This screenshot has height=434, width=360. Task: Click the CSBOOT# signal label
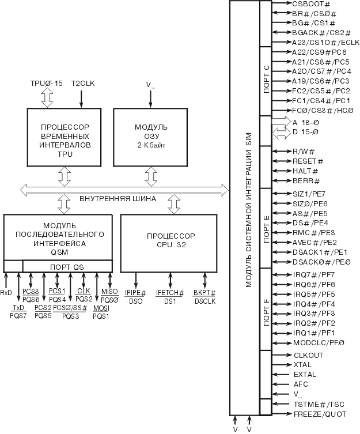click(311, 4)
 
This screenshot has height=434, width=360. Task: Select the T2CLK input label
click(84, 84)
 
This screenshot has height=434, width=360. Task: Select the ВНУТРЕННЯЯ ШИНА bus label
click(118, 199)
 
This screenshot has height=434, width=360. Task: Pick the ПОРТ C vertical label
click(266, 80)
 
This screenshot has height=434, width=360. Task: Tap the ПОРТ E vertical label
click(266, 228)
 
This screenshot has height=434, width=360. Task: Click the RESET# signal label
click(308, 161)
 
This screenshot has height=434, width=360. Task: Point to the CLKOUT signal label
click(308, 355)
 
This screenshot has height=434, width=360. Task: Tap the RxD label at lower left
click(6, 293)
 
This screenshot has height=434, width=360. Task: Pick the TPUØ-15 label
click(47, 84)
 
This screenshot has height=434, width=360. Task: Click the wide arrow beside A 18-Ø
click(281, 122)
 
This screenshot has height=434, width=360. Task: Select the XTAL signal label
click(302, 365)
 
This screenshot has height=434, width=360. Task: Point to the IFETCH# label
click(170, 293)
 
